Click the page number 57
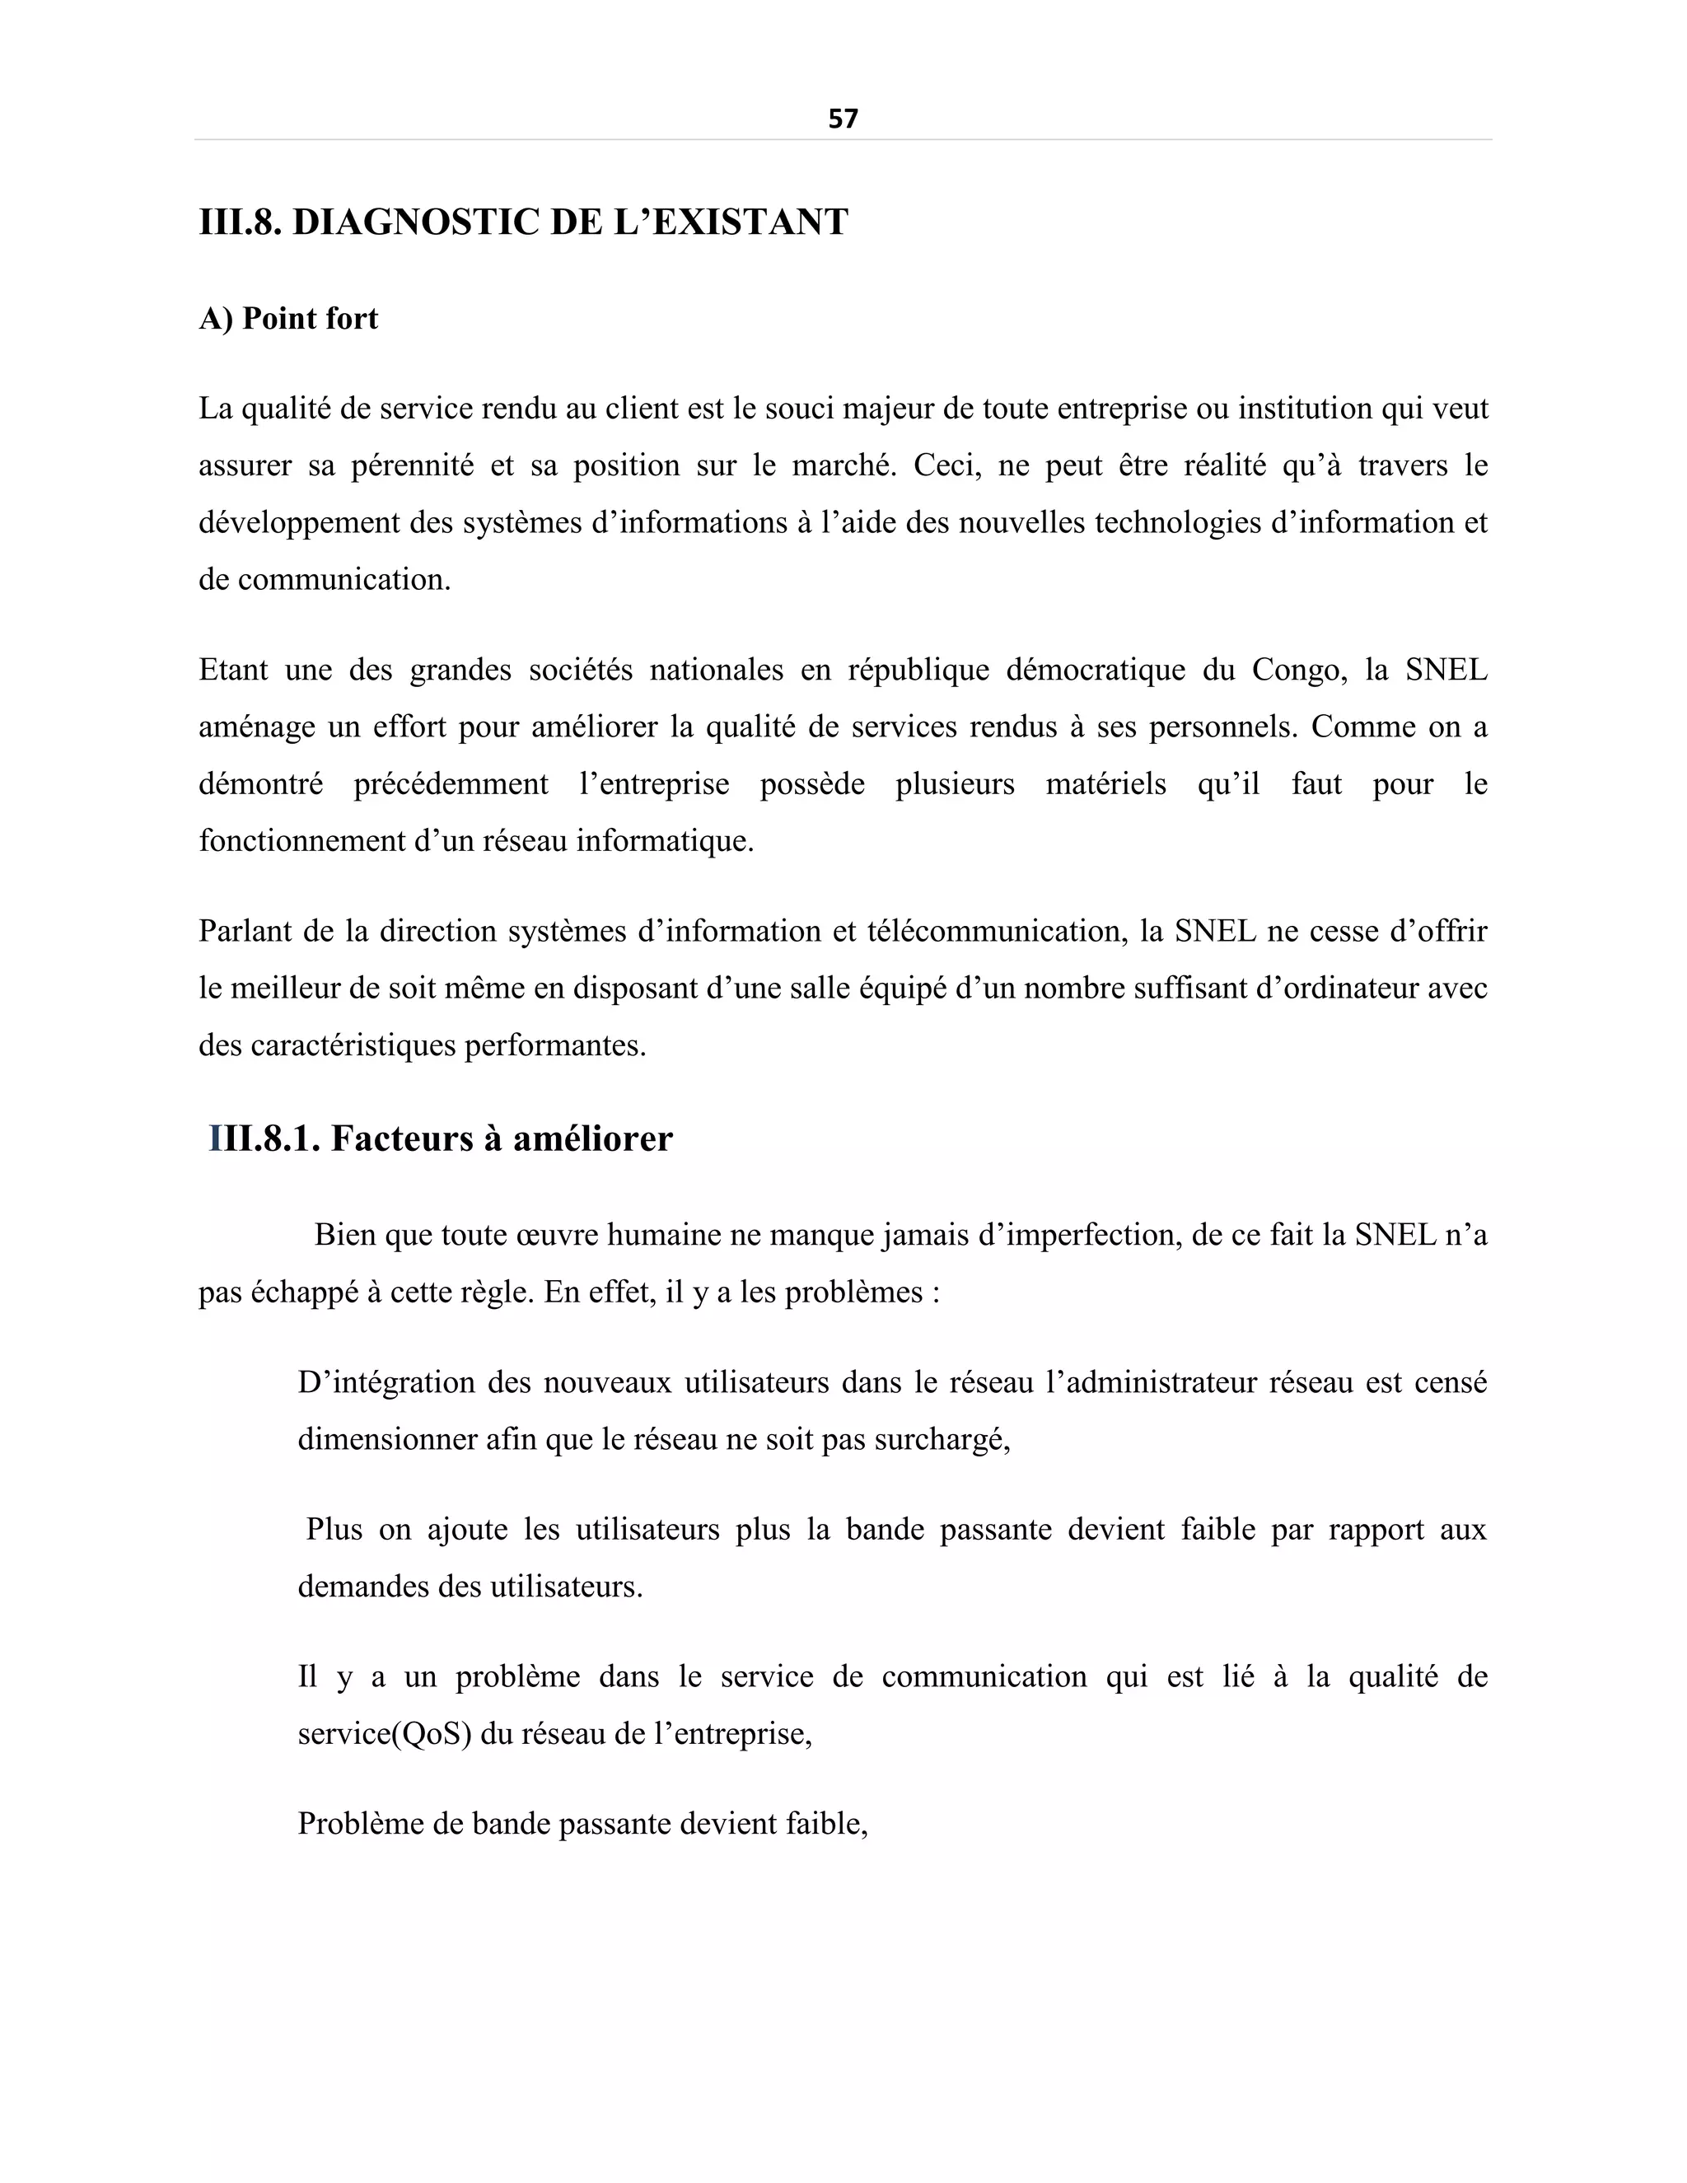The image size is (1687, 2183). click(843, 119)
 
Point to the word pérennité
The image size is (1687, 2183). click(412, 465)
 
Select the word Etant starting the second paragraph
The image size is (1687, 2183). click(233, 670)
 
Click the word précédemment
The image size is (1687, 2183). click(451, 783)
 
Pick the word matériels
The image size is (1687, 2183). click(1105, 783)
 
